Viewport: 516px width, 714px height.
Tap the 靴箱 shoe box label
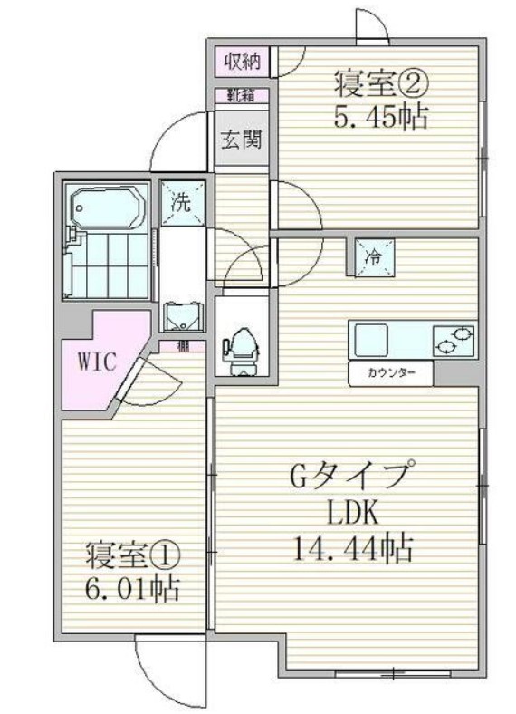[x=241, y=93]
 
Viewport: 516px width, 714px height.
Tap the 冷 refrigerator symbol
[x=372, y=255]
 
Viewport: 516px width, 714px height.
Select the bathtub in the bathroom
[x=105, y=207]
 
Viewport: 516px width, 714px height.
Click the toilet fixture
[x=241, y=349]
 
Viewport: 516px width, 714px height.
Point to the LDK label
[x=350, y=513]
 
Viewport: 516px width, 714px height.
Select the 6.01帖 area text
[x=133, y=590]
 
